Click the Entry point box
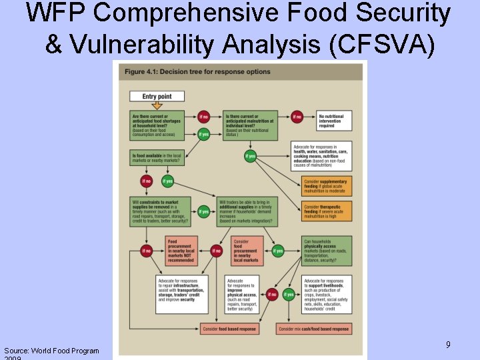coord(157,96)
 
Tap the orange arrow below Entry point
coord(157,105)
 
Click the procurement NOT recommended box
coord(182,251)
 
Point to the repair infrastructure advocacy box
coord(181,294)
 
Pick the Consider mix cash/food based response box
coord(314,329)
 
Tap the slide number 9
coord(448,345)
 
